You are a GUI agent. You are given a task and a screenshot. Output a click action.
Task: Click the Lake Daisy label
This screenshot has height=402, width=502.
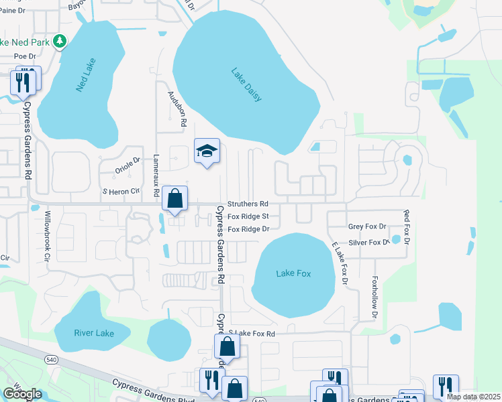[x=246, y=84]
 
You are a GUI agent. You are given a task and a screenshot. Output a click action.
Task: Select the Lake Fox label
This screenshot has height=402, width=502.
[x=295, y=273]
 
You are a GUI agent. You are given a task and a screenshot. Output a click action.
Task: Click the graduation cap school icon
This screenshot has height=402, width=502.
[x=207, y=151]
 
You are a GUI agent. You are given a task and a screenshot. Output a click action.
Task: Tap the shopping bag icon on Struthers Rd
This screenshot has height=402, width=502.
[x=174, y=199]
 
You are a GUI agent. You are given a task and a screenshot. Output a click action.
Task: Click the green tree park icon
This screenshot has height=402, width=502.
[x=60, y=42]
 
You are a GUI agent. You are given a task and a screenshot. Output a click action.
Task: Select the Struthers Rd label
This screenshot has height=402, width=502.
[x=248, y=204]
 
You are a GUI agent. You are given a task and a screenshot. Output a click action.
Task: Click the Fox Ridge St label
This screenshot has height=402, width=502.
[x=248, y=216]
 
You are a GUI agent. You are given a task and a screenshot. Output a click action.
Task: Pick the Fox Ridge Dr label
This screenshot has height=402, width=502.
[x=248, y=229]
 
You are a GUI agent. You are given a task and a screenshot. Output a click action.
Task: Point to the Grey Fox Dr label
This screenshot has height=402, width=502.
[x=367, y=227]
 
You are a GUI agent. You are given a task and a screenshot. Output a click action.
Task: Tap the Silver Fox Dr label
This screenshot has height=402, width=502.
[x=368, y=243]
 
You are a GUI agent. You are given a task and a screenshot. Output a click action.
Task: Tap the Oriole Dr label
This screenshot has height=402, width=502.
[x=128, y=165]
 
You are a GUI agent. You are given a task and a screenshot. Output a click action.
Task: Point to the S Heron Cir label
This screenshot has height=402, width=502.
[x=120, y=192]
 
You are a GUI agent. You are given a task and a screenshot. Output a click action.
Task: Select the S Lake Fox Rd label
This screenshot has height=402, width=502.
[x=252, y=333]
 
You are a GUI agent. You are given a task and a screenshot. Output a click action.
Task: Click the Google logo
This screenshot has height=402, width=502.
[x=22, y=394]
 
